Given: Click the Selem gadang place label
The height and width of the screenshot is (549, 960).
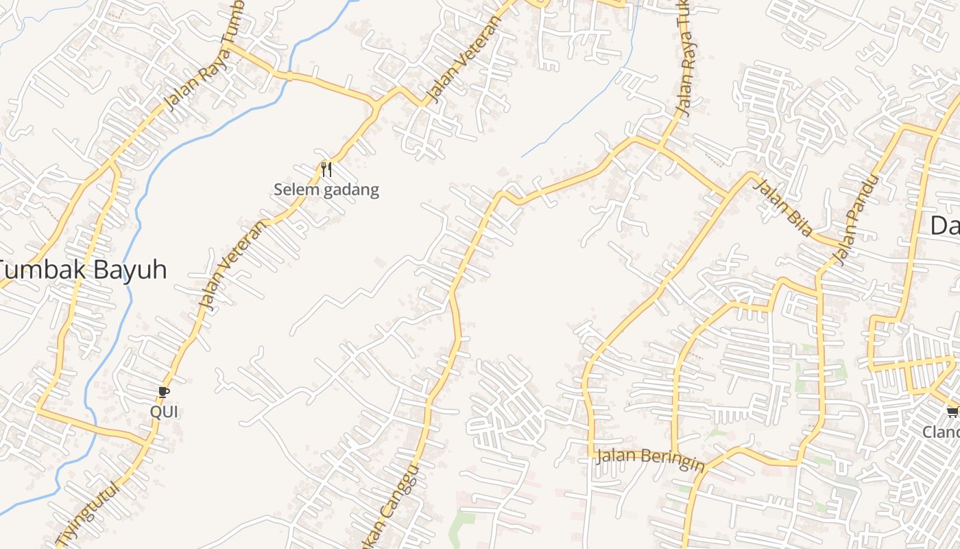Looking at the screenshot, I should click(x=326, y=189).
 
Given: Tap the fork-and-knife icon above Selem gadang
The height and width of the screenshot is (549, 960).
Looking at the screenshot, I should click(x=326, y=169).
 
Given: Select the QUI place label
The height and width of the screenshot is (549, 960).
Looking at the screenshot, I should click(x=164, y=412).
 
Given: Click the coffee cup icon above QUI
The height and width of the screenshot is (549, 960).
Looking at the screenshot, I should click(x=163, y=392).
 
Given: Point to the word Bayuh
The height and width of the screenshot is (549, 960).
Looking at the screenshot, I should click(x=130, y=270).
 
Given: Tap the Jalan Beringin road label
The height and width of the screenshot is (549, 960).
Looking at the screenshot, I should click(x=650, y=459).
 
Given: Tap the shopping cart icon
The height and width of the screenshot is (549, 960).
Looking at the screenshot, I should click(x=952, y=412).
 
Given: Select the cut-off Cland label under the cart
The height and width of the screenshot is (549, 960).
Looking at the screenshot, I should click(x=941, y=432).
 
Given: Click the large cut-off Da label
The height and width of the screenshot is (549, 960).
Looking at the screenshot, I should click(x=945, y=225).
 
